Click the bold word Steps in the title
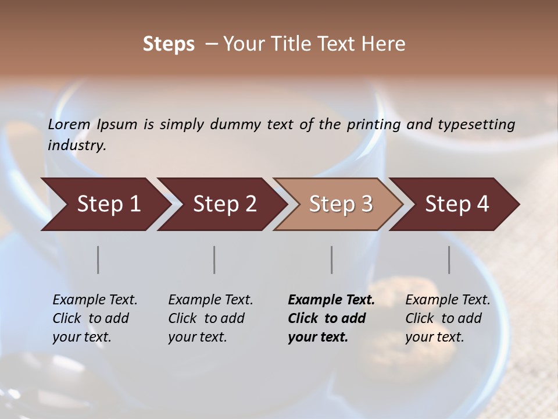(169, 44)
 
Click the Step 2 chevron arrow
(221, 204)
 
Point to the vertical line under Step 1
(98, 260)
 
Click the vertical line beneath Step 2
(214, 260)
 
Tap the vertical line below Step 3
(332, 260)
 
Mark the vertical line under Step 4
(449, 260)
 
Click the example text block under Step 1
(95, 318)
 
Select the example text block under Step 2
(210, 318)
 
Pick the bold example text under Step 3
(331, 318)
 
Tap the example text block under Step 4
(448, 318)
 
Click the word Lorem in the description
(69, 125)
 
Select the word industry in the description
(77, 145)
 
